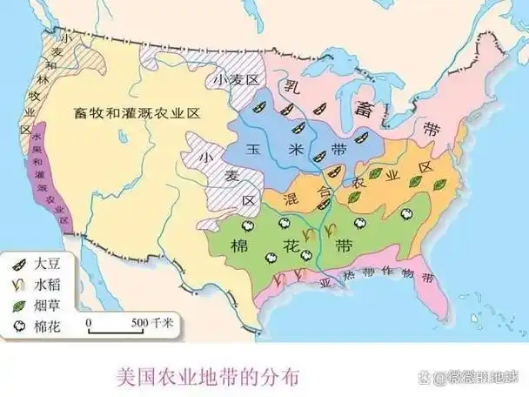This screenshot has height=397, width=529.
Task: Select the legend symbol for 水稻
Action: pos(17,283)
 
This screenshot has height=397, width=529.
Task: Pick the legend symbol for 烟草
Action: pos(17,306)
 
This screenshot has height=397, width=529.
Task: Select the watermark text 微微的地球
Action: pos(479,378)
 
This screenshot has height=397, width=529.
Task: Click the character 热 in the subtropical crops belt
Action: pos(349,281)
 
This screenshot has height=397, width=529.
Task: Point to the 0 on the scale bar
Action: pos(89,322)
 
